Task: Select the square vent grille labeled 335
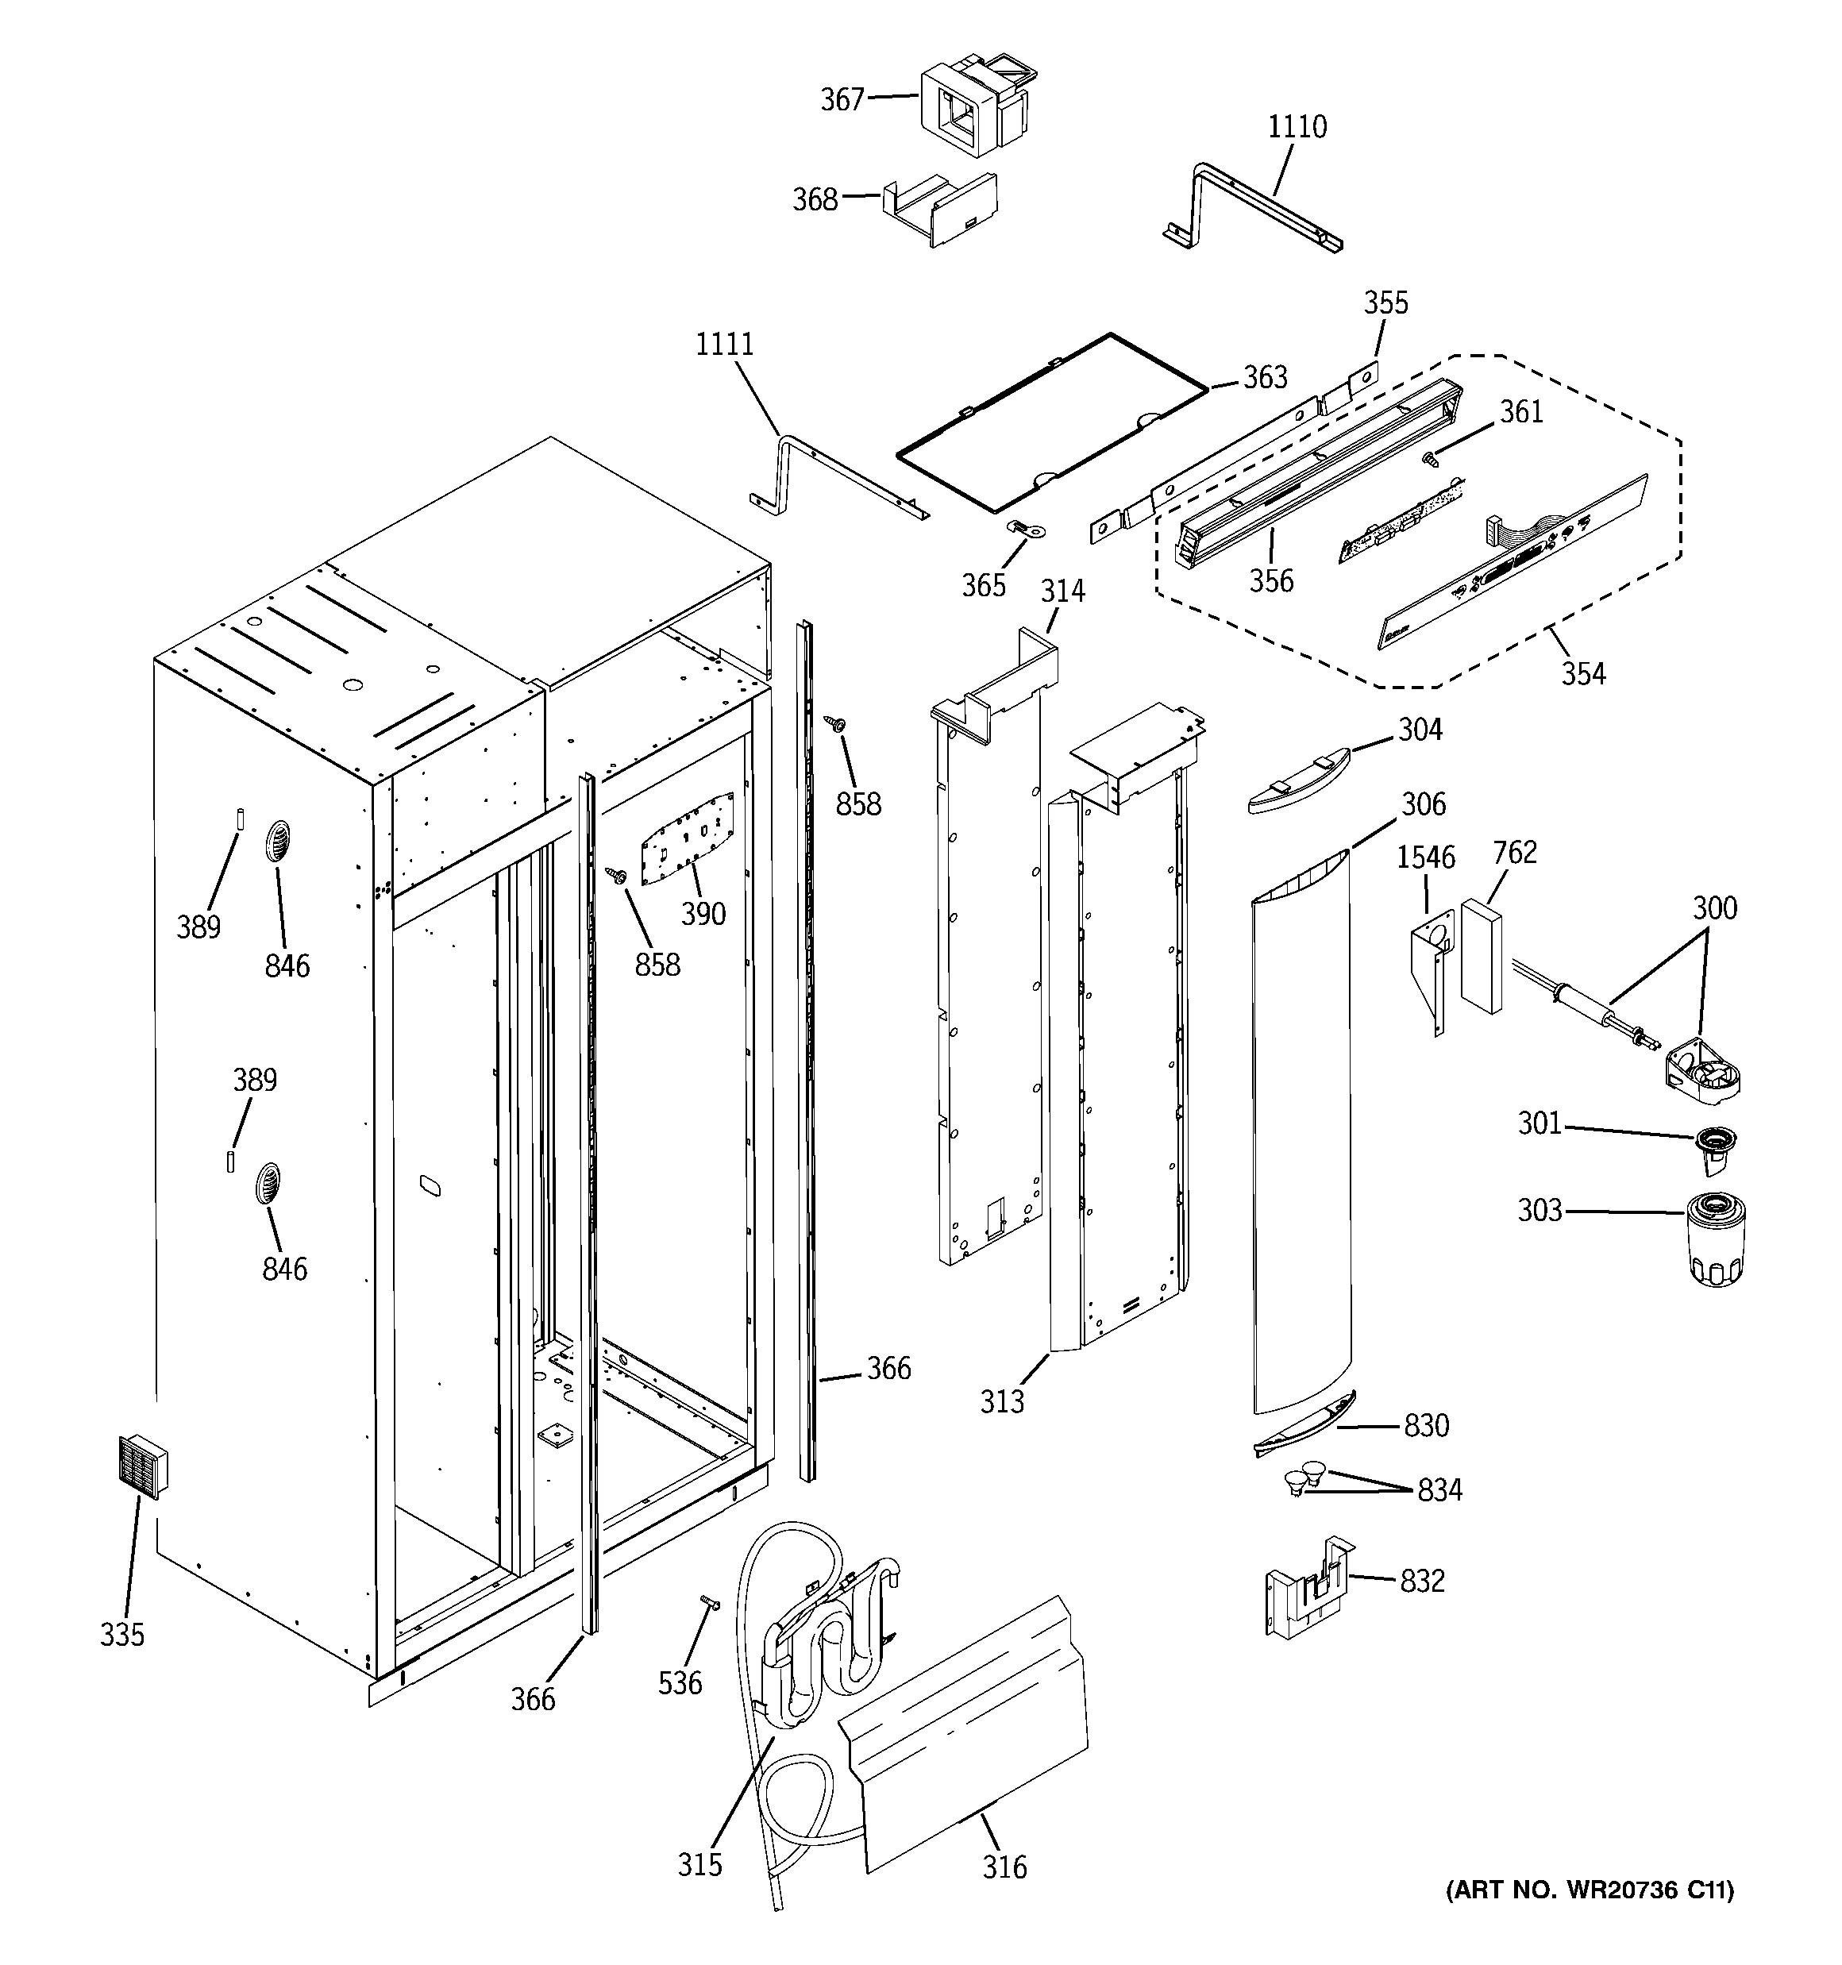click(141, 1466)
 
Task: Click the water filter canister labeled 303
click(1718, 1239)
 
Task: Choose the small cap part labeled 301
click(1716, 1146)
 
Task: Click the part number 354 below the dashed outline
click(1583, 674)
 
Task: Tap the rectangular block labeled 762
click(1481, 956)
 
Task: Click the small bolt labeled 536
click(710, 1603)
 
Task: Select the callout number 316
click(1004, 1867)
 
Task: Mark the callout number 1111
click(724, 344)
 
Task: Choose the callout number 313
click(1001, 1401)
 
